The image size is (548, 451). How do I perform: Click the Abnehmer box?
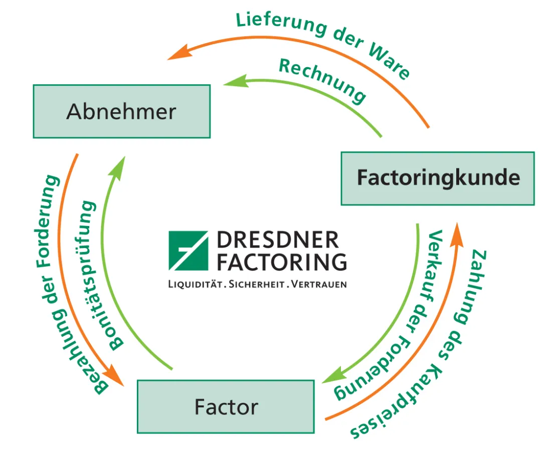tap(121, 111)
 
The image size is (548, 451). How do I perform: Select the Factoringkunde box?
tap(438, 178)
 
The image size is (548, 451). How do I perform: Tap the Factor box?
tap(226, 406)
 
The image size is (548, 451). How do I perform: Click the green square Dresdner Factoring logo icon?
tap(188, 251)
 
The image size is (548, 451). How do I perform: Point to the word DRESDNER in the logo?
tap(278, 241)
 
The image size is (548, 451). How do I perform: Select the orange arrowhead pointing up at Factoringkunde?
tap(457, 235)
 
